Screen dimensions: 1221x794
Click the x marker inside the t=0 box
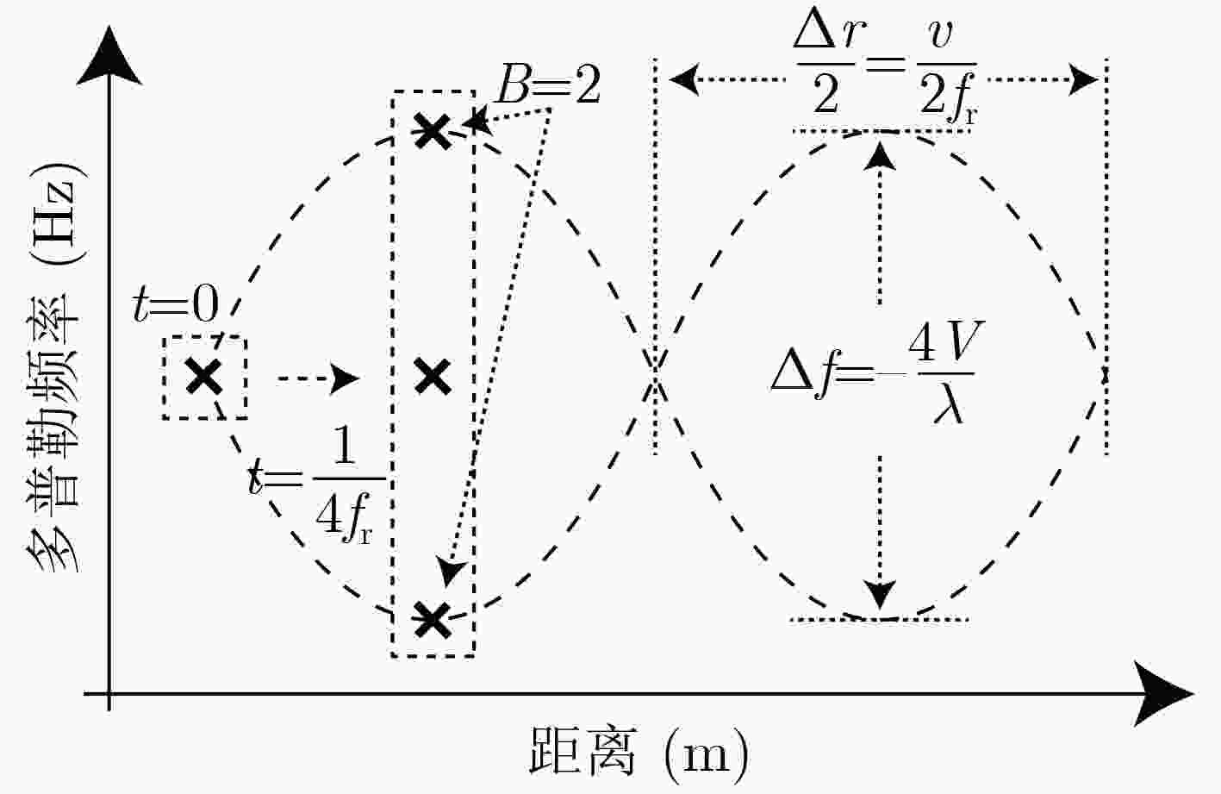(x=204, y=377)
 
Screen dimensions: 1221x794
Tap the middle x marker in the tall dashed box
(x=433, y=377)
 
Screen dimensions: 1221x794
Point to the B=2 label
(x=548, y=85)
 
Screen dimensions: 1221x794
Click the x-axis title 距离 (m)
(x=639, y=752)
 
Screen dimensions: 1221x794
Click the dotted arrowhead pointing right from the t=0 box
(x=346, y=378)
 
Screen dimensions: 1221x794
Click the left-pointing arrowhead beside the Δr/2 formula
(x=684, y=79)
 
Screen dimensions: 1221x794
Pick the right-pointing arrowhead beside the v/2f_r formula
(x=1083, y=79)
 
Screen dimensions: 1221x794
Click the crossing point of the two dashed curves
(x=656, y=376)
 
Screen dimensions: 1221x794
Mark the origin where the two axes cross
(x=109, y=694)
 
